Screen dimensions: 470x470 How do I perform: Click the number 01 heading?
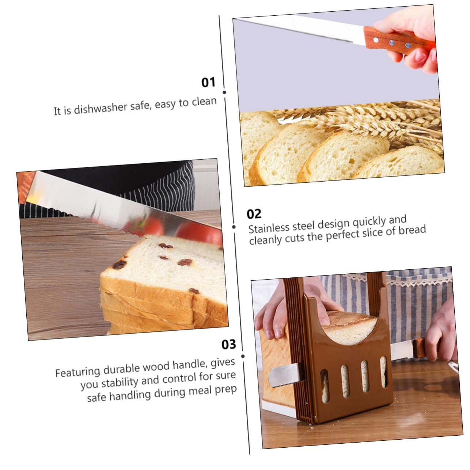tap(208, 82)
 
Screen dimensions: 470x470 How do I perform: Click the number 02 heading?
tap(254, 214)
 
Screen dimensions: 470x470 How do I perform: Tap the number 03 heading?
tap(229, 344)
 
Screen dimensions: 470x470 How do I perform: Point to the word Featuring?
tap(77, 372)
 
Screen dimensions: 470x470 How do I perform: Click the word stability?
tap(120, 383)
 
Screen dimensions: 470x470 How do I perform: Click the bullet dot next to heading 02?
tap(234, 227)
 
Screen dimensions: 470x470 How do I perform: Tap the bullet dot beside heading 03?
tap(243, 356)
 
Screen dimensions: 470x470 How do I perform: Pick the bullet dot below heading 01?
tap(224, 92)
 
